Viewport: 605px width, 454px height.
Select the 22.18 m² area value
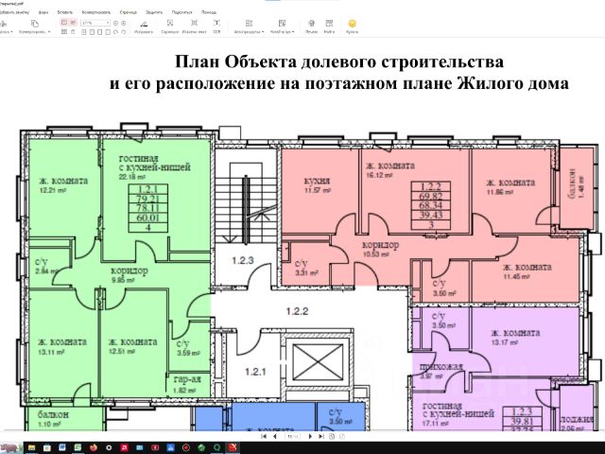pos(133,176)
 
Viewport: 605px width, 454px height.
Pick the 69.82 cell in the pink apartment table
pos(430,197)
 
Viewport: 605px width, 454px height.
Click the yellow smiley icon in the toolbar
pos(353,22)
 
